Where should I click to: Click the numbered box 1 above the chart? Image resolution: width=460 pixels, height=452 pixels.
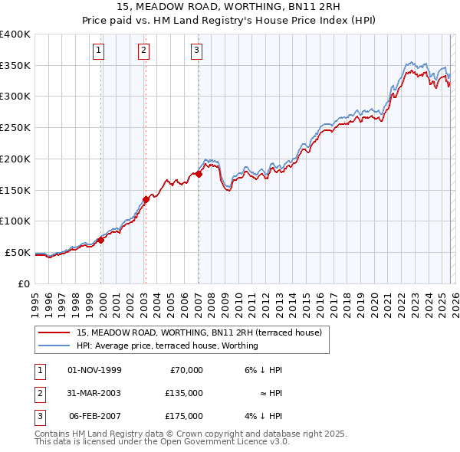pos(100,51)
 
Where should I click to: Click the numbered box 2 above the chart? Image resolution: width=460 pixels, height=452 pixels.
pos(143,51)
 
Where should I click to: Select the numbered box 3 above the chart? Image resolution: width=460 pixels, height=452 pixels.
pos(196,51)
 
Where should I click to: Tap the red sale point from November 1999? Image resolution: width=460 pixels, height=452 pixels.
pos(100,240)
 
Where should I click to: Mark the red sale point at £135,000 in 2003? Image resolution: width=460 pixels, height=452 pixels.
pos(146,199)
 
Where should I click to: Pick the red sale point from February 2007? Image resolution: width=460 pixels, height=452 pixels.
pos(199,174)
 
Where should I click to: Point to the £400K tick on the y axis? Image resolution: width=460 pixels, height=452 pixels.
pos(15,34)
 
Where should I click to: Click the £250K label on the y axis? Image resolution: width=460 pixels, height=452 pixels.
pos(15,128)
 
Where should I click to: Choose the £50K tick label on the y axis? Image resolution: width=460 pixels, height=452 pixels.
pos(18,252)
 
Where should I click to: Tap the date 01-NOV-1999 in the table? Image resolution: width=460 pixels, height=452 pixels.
pos(94,370)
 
